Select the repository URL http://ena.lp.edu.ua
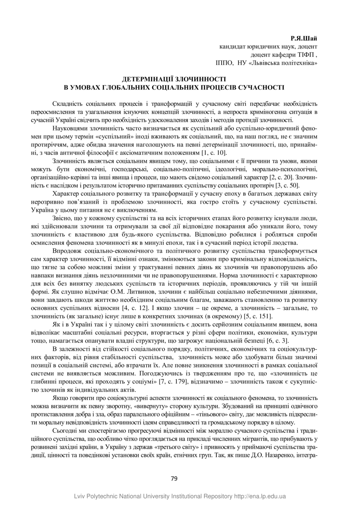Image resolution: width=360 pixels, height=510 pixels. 261,496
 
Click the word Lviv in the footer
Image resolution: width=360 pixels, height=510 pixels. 80,496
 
